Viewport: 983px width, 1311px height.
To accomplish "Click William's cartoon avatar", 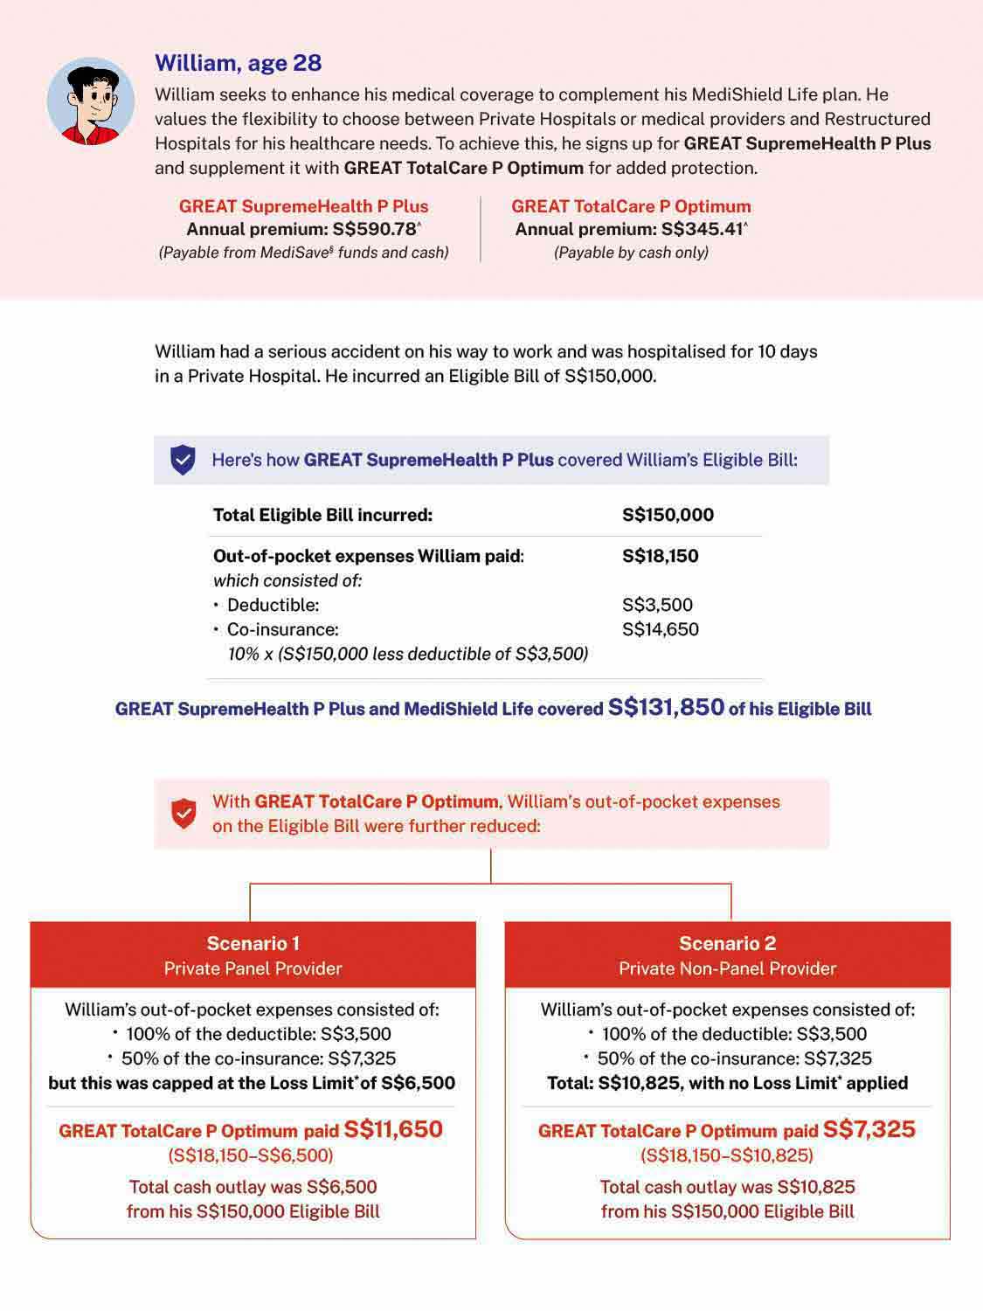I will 91,101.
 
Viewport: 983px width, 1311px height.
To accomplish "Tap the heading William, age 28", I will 238,63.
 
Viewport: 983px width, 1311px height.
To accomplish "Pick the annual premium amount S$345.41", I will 702,229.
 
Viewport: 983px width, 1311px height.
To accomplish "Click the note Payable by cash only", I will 631,253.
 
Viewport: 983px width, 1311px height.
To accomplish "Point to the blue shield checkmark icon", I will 183,460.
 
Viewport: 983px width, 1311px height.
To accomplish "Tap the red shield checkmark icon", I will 183,814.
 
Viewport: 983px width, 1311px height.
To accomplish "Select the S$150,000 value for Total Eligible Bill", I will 668,515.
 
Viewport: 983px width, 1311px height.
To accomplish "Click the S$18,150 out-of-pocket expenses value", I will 660,556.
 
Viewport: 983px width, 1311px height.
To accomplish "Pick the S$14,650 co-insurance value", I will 660,629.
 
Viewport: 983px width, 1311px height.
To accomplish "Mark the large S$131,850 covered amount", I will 666,707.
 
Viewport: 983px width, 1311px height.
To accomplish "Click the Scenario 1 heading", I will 253,943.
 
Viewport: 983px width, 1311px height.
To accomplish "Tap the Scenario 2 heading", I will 727,943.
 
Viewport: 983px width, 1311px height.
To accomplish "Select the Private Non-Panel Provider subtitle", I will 727,968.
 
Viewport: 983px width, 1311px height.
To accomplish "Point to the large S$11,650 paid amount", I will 393,1129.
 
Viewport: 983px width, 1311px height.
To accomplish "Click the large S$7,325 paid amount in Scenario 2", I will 869,1129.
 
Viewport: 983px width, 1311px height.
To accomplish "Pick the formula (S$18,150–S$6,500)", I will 251,1155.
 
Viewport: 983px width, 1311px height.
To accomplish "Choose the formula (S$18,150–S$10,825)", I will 727,1155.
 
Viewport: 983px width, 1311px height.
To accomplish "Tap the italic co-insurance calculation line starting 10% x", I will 407,654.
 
